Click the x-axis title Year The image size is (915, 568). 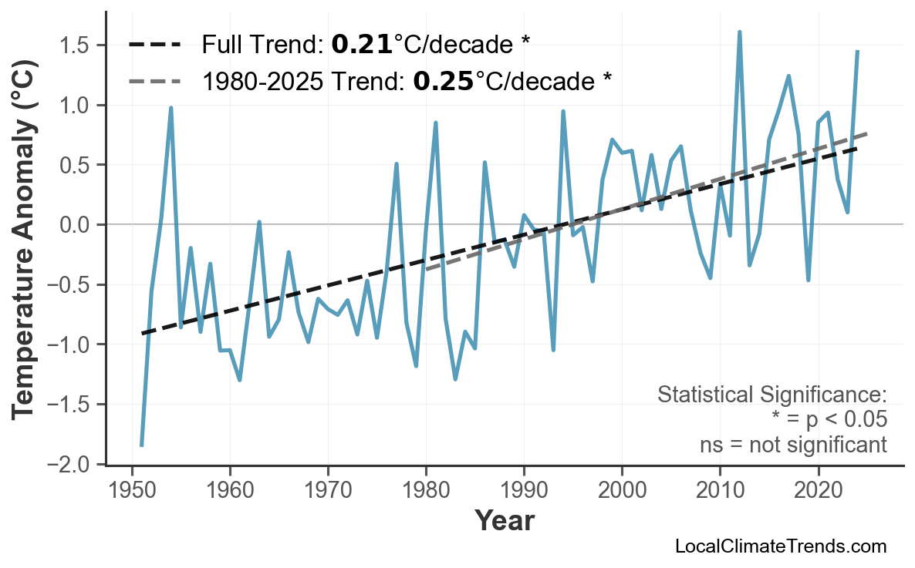(x=504, y=521)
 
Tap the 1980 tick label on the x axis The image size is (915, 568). (x=426, y=490)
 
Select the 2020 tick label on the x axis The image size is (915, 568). (x=818, y=490)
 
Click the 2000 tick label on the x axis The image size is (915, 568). (x=622, y=490)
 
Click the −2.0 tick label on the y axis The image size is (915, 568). (x=76, y=464)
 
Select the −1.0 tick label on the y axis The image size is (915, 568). (x=76, y=344)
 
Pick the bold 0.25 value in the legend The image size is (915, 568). (x=444, y=80)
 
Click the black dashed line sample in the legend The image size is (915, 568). (x=155, y=45)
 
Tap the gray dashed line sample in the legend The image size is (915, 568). (x=155, y=80)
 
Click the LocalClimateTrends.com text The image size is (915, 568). (x=780, y=546)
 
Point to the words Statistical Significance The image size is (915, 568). (x=772, y=395)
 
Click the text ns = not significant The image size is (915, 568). (x=792, y=445)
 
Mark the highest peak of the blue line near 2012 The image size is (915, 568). (x=739, y=32)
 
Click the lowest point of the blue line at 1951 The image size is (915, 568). (x=142, y=445)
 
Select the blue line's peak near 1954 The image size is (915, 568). (x=171, y=108)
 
